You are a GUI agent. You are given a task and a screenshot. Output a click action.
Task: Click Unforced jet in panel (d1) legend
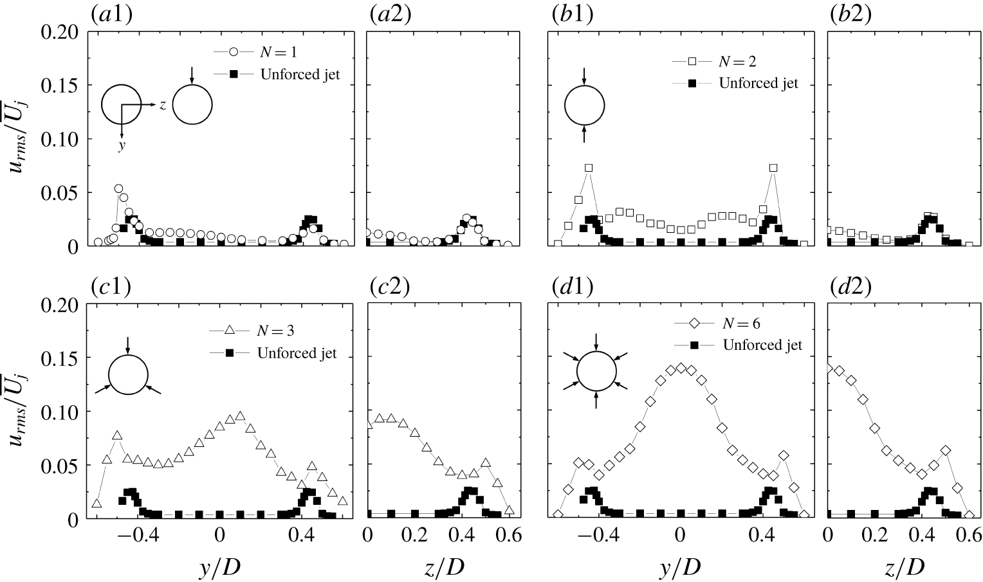tap(762, 345)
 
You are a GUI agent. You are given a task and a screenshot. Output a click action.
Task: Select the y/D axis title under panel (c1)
tap(219, 566)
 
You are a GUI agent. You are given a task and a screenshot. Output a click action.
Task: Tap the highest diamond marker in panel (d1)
tap(681, 368)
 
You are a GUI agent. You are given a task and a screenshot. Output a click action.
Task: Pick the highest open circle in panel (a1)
tap(118, 188)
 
